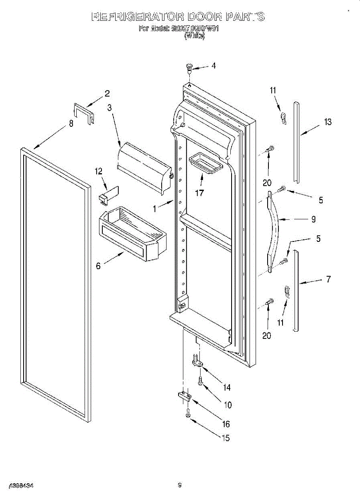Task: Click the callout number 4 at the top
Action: click(x=213, y=65)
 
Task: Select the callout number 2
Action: click(x=107, y=93)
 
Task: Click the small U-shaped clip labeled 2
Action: click(x=84, y=113)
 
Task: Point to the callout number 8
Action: click(x=71, y=123)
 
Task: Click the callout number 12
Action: click(x=99, y=171)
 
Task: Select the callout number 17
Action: click(x=199, y=193)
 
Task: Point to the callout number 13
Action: click(x=328, y=122)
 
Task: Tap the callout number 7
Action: click(x=329, y=280)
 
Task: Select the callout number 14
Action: click(x=227, y=388)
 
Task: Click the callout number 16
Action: click(x=226, y=424)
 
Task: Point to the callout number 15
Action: click(x=226, y=438)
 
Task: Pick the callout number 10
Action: click(x=227, y=405)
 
